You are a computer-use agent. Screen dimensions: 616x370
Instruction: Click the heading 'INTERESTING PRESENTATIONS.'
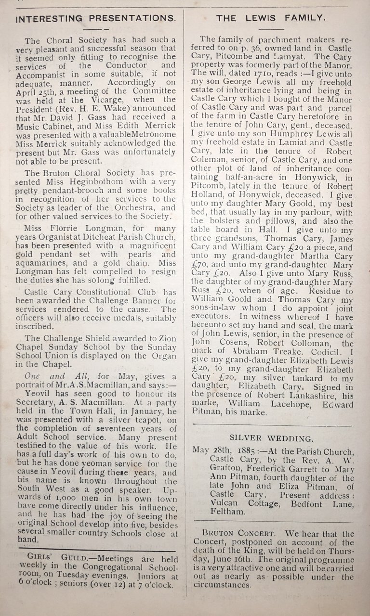[95, 18]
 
